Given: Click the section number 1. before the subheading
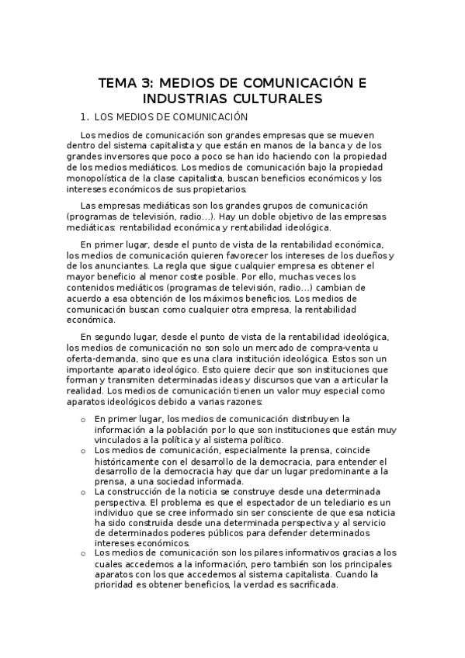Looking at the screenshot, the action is (x=85, y=117).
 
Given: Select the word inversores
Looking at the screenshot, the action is (x=125, y=156).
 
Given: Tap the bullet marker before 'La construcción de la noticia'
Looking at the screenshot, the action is (x=83, y=492).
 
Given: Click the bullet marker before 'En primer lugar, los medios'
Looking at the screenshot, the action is (x=83, y=419).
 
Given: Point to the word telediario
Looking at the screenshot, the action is (x=345, y=503).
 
